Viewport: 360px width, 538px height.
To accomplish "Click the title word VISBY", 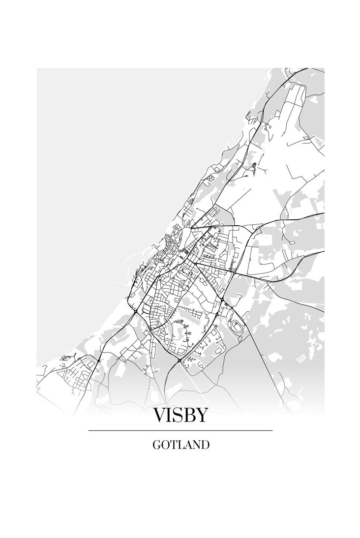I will tap(180, 416).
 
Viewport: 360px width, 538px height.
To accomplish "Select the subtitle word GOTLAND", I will tap(180, 445).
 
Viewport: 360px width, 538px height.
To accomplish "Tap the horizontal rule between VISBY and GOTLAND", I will tap(180, 430).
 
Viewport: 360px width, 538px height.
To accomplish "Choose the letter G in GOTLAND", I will tap(156, 445).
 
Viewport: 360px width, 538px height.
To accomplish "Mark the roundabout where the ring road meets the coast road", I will tap(135, 311).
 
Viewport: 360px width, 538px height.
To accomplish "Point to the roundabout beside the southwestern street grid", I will tap(98, 360).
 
